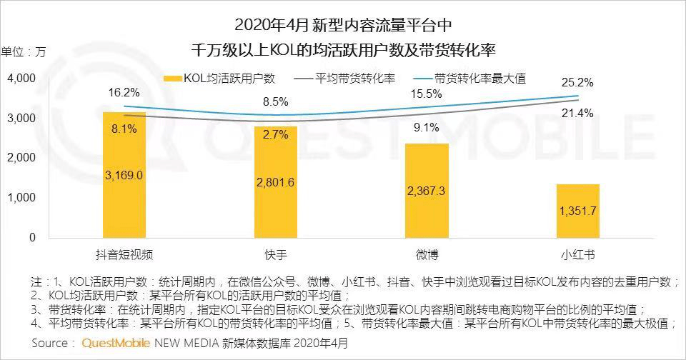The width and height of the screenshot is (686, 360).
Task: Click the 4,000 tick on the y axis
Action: click(21, 78)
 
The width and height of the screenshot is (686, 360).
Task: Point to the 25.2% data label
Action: click(577, 82)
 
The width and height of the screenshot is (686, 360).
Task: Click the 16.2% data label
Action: click(124, 93)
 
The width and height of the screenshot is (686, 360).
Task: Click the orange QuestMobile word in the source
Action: click(116, 344)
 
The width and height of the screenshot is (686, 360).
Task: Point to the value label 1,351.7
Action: click(578, 211)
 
